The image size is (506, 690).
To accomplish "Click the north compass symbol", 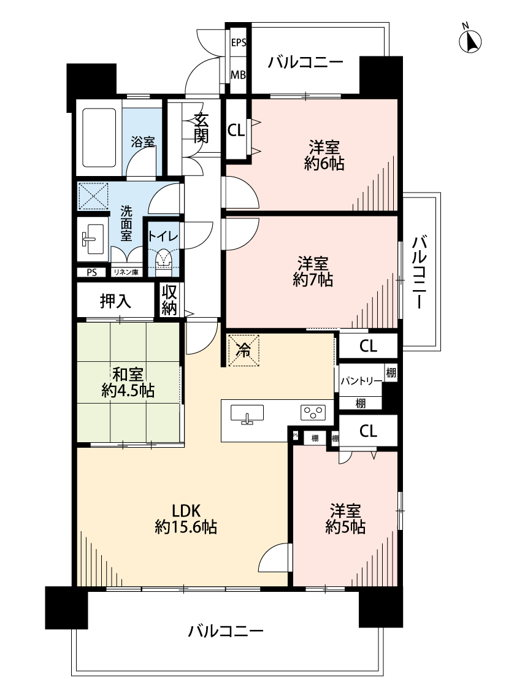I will tap(470, 41).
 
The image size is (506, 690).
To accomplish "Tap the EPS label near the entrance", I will tap(238, 43).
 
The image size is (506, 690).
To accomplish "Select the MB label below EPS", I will tap(238, 75).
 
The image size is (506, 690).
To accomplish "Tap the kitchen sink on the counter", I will tap(247, 414).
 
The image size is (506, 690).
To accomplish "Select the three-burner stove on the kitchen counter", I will tap(312, 413).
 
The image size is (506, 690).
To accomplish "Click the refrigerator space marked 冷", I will tap(243, 350).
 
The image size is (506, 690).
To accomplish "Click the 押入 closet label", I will tap(115, 301).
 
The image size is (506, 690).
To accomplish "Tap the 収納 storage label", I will tap(169, 300).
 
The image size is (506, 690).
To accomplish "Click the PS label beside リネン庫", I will tap(91, 272).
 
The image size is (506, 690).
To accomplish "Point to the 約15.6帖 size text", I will tap(185, 527).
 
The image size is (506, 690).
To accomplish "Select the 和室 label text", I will tap(128, 373).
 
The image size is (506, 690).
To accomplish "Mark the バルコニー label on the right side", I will tap(420, 270).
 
